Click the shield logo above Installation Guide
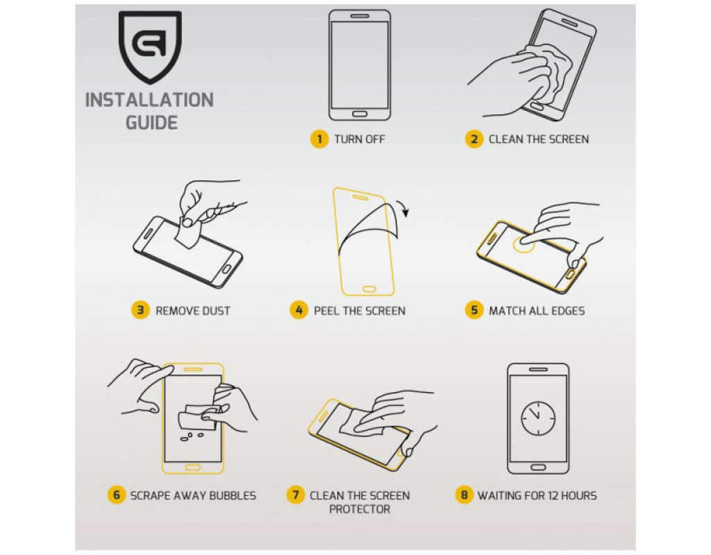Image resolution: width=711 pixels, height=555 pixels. coord(150,47)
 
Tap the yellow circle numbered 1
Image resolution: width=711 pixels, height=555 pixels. coord(319,139)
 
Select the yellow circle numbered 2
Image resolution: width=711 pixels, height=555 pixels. coord(474,139)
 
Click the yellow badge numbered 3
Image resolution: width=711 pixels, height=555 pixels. coord(140,310)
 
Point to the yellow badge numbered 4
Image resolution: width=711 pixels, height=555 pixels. coord(299,310)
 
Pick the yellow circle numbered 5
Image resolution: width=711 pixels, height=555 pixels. coord(474,310)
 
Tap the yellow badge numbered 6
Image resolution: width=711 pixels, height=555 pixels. coord(116,495)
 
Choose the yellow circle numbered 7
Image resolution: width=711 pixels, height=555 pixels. coord(296,495)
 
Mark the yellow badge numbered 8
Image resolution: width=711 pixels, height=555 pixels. coord(464,495)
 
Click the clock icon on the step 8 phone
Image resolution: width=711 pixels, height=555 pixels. coord(538,418)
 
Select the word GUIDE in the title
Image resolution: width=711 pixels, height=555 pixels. coord(151,123)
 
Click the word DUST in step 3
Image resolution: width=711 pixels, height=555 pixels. coord(217,311)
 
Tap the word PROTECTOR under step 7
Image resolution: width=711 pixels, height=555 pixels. coord(360,509)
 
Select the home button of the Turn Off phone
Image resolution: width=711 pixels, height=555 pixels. coord(359,114)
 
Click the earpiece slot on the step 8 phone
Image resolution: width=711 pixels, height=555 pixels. coord(538,369)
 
